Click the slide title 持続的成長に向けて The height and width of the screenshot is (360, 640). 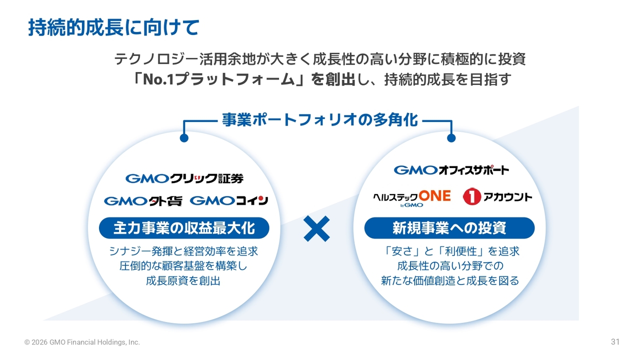pos(113,27)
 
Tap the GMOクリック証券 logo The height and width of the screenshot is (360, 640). pos(184,178)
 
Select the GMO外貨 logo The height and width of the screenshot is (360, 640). pos(143,200)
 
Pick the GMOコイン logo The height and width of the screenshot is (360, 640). pos(229,200)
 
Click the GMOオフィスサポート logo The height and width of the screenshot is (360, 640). pos(451,170)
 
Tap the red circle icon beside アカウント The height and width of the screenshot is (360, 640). pos(472,197)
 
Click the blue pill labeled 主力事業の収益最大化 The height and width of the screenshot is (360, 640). pos(184,228)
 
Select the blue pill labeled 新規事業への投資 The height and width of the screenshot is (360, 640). pos(449,228)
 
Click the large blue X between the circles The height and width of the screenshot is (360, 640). pos(316,229)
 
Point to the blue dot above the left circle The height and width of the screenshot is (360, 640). pos(184,137)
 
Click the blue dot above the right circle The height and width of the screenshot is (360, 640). pos(451,137)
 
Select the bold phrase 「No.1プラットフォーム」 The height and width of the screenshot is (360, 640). pos(220,80)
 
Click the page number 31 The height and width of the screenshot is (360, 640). pos(615,342)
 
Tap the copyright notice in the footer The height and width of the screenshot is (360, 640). pos(82,342)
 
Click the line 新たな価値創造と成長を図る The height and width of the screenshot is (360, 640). pos(449,281)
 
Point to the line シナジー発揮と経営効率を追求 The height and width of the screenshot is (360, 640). pos(183,251)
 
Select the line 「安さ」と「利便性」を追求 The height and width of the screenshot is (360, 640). pos(449,251)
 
